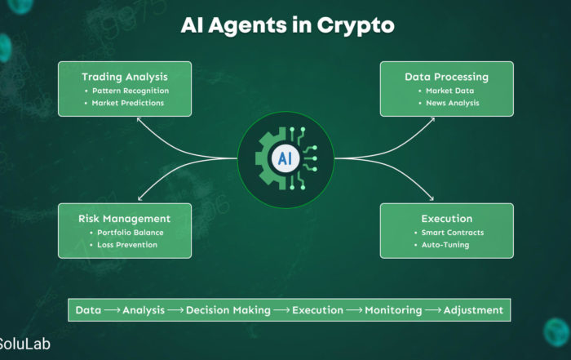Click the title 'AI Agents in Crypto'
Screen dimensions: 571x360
(288, 25)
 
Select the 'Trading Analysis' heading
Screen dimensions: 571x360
(125, 77)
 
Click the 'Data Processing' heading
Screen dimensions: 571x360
(446, 77)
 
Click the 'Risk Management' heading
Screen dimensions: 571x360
(124, 219)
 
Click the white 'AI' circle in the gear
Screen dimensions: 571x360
(285, 159)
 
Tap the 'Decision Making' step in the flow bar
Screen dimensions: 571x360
(228, 310)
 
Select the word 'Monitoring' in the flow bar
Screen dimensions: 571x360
(393, 310)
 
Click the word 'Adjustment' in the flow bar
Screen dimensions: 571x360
(473, 310)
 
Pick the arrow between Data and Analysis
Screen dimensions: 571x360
(113, 310)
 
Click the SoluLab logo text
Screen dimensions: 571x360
(24, 344)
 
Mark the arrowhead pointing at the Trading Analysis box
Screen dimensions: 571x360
(139, 120)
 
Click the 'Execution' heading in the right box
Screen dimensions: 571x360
(447, 219)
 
